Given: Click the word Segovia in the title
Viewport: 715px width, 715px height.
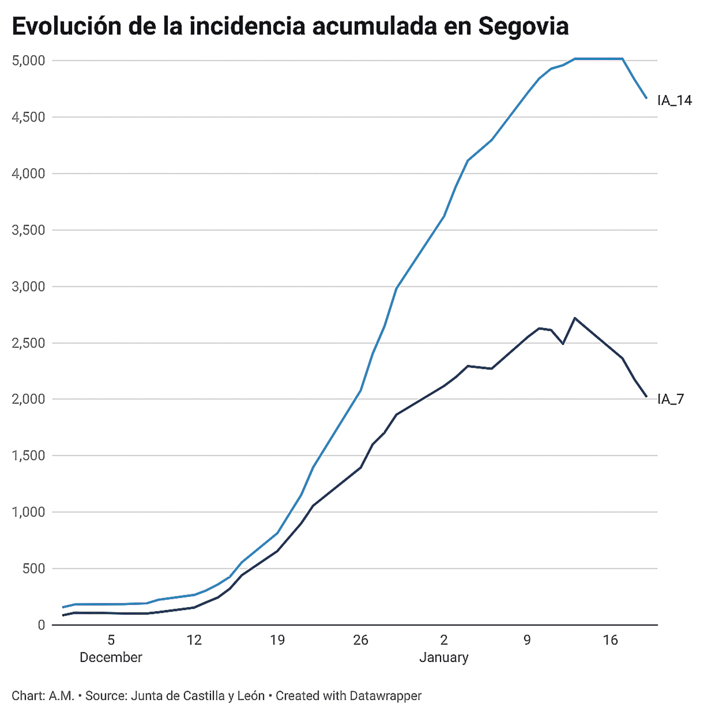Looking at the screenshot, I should click(x=523, y=27).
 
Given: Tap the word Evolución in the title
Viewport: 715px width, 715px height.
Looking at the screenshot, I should click(x=66, y=27).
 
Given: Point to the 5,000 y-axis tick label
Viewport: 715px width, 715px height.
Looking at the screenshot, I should click(x=28, y=61).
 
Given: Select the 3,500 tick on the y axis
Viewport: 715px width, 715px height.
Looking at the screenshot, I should click(x=28, y=230).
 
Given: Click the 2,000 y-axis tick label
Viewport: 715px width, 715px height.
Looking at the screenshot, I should click(x=28, y=399).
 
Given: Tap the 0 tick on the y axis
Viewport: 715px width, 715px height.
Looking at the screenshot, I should click(x=41, y=625).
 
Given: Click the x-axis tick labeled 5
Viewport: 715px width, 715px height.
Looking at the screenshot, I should click(x=111, y=640).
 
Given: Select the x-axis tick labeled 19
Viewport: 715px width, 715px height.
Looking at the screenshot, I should click(x=277, y=640).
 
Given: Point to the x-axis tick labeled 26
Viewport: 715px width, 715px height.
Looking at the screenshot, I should click(x=360, y=640).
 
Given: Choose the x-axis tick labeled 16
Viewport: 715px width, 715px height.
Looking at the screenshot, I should click(x=610, y=640).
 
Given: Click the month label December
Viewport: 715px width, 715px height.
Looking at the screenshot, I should click(x=111, y=657).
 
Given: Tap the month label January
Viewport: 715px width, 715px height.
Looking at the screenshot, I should click(x=444, y=657).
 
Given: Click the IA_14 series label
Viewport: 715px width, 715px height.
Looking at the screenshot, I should click(x=674, y=101).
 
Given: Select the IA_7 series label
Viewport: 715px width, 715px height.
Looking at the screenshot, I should click(x=671, y=399).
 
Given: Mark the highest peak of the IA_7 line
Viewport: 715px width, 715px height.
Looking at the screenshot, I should click(x=575, y=318).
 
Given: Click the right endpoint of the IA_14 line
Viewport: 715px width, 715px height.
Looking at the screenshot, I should click(x=646, y=98).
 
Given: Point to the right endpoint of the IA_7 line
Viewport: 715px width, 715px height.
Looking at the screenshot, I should click(x=646, y=396).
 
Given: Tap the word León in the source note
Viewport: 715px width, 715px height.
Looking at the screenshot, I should click(x=251, y=696).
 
